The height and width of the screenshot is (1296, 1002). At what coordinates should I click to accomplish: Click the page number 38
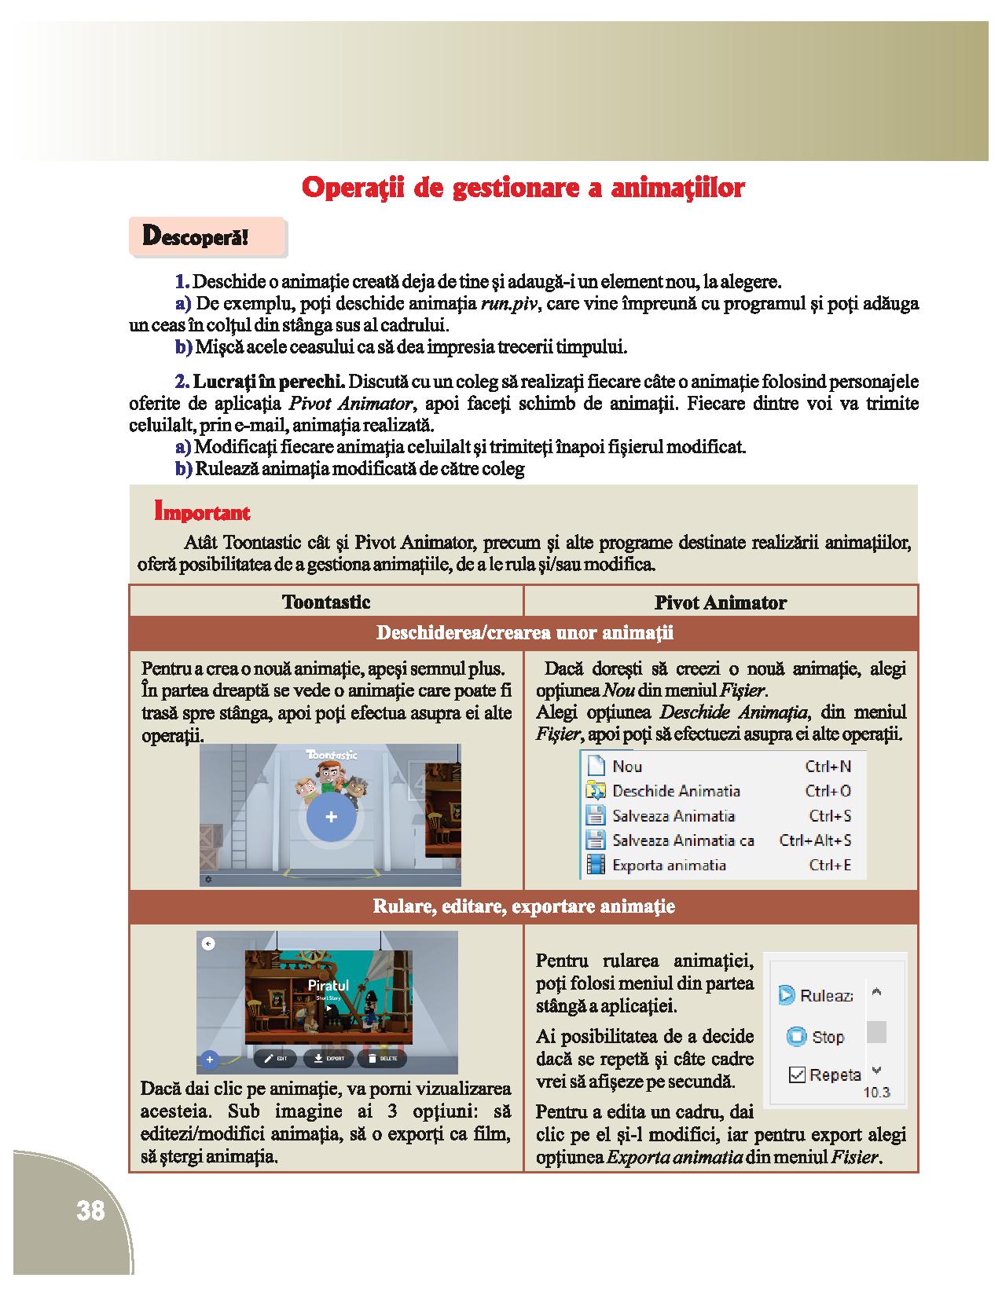tap(90, 1210)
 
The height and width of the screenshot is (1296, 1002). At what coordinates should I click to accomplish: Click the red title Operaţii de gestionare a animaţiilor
tap(523, 189)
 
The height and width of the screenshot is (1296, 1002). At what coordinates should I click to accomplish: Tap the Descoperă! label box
tap(207, 236)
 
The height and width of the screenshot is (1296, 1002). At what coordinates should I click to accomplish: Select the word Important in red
tap(202, 513)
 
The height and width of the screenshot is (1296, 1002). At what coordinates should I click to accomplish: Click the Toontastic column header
tap(326, 602)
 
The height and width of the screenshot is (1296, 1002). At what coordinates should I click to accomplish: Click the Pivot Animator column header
tap(720, 602)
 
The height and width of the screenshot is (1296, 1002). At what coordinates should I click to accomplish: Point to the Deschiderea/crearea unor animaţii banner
tap(524, 633)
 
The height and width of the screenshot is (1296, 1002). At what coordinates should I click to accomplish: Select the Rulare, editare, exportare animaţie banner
tap(524, 906)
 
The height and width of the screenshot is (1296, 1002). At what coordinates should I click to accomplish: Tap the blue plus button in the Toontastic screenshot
tap(331, 817)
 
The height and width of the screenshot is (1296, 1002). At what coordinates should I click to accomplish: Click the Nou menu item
tap(626, 767)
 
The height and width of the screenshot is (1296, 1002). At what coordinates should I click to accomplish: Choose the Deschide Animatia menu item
tap(675, 791)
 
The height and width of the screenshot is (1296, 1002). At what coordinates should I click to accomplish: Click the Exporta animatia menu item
tap(668, 866)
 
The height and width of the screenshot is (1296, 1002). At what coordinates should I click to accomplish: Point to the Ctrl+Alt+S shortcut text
tap(815, 840)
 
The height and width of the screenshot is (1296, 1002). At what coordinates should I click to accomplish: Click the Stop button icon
tap(797, 1037)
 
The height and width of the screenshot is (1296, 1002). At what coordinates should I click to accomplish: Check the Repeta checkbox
tap(797, 1075)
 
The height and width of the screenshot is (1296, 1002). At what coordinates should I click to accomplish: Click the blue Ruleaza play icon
tap(786, 995)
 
